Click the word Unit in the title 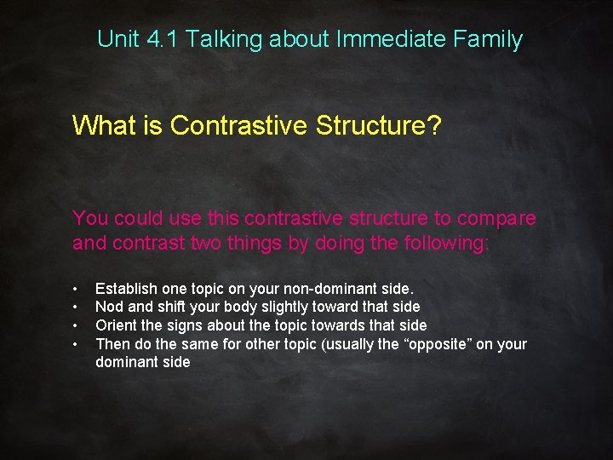coord(115,39)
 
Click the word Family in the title coord(490,39)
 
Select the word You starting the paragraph coord(90,219)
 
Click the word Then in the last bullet coord(112,344)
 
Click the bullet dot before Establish coord(76,290)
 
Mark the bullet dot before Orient coord(76,325)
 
